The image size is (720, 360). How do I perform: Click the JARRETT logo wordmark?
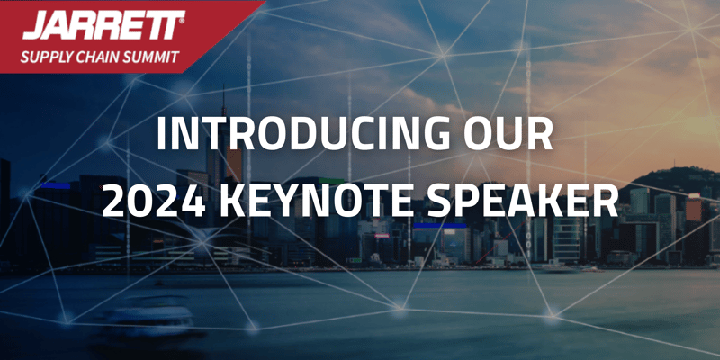[x=102, y=25]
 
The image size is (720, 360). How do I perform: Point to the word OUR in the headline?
[x=508, y=133]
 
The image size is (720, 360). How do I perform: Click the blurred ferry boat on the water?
[x=148, y=317]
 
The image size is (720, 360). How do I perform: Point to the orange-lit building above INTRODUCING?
[x=234, y=164]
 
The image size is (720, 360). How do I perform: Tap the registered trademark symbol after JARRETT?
[x=183, y=21]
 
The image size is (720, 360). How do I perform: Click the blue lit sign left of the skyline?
[x=55, y=185]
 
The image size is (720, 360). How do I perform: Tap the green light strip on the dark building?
[x=331, y=181]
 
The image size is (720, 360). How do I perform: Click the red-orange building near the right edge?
[x=693, y=209]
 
